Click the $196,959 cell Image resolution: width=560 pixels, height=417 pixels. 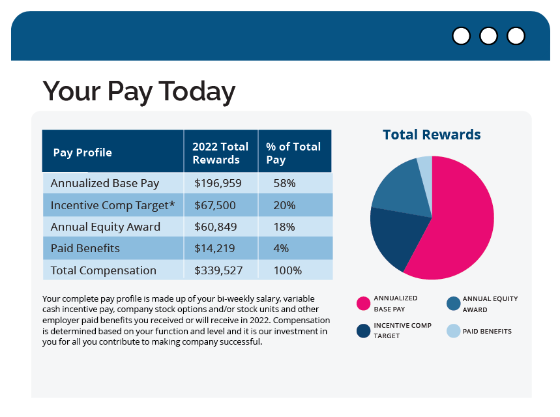[x=218, y=183]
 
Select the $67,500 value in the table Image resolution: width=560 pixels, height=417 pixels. [x=215, y=205]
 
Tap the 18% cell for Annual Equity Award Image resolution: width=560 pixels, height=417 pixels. [x=284, y=227]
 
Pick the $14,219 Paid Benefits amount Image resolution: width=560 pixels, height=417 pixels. [x=215, y=248]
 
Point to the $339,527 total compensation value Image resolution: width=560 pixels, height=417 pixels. [x=218, y=270]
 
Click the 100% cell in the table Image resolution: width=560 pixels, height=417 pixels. [x=287, y=270]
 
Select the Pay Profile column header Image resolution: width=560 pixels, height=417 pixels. [x=83, y=152]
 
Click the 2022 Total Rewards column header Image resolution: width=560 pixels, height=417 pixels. [x=220, y=153]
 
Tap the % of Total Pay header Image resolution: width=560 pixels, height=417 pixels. [x=293, y=153]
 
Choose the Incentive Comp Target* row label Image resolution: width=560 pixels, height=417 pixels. [x=113, y=205]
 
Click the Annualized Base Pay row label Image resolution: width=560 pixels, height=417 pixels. [x=105, y=183]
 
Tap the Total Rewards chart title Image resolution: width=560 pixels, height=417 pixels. [x=432, y=135]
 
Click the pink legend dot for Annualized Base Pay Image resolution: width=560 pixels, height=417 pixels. [x=363, y=303]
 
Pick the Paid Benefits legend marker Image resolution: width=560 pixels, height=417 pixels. [x=453, y=331]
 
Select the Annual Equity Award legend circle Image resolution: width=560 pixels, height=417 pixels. [x=453, y=304]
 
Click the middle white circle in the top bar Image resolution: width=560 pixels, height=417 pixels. [x=488, y=36]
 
